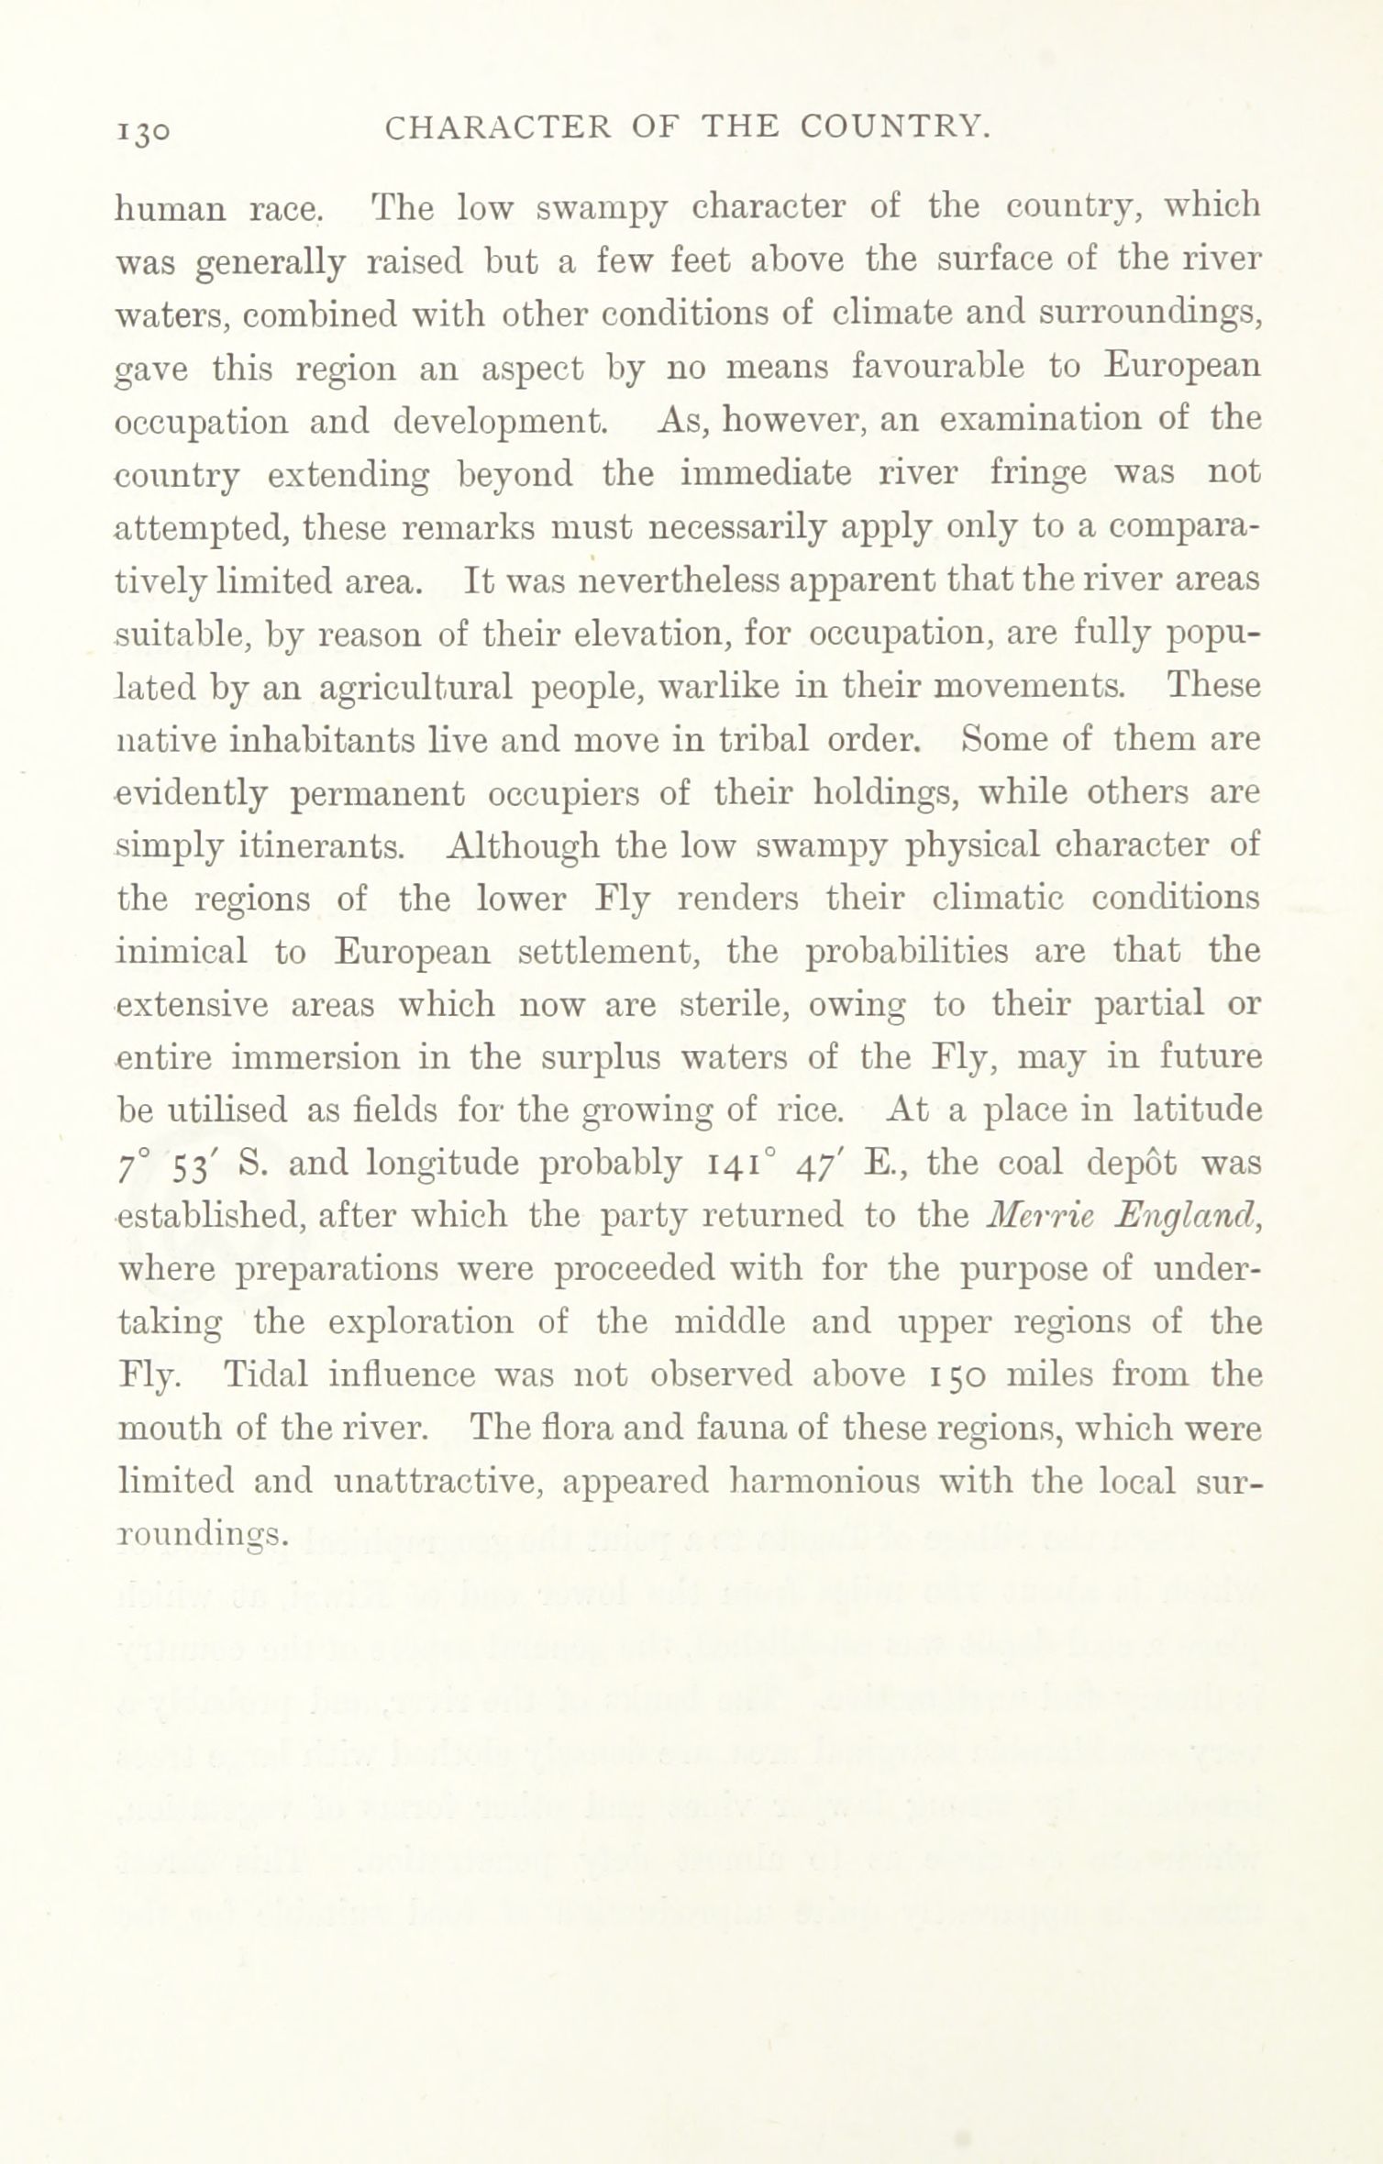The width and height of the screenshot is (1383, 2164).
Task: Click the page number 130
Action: click(x=143, y=132)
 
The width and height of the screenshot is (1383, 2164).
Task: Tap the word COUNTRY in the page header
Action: click(x=895, y=128)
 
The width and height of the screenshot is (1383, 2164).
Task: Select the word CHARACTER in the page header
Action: click(x=497, y=128)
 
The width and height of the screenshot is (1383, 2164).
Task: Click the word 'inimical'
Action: click(x=182, y=952)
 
